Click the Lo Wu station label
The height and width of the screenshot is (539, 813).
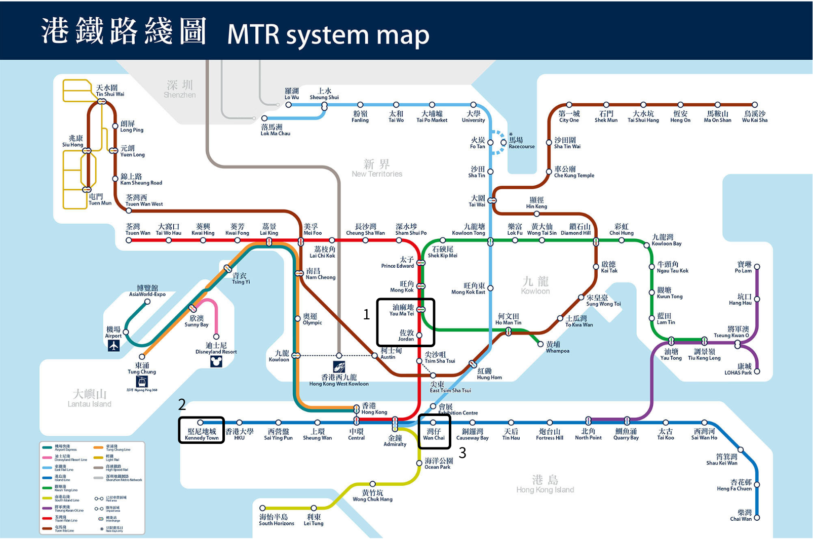pyautogui.click(x=291, y=94)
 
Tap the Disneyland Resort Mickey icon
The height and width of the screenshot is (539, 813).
pyautogui.click(x=216, y=361)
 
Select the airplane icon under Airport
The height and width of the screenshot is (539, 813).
pyautogui.click(x=113, y=346)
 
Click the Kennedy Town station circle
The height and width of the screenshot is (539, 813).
pyautogui.click(x=201, y=422)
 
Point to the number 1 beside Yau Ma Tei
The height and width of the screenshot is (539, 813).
pyautogui.click(x=366, y=315)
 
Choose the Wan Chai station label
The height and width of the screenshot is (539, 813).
pyautogui.click(x=434, y=434)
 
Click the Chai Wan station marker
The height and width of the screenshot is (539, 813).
pyautogui.click(x=757, y=518)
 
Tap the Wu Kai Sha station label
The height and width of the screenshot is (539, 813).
pyautogui.click(x=755, y=117)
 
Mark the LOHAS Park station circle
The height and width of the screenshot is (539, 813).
pyautogui.click(x=757, y=371)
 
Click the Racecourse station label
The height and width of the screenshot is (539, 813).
pyautogui.click(x=521, y=143)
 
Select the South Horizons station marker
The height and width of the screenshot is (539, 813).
pyautogui.click(x=262, y=508)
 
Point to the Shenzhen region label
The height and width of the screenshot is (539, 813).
pyautogui.click(x=179, y=89)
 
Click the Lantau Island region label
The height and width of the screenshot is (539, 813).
pyautogui.click(x=90, y=398)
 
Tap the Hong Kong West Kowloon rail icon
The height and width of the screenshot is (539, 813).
pyautogui.click(x=339, y=366)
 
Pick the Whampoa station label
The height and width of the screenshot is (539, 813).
pyautogui.click(x=557, y=347)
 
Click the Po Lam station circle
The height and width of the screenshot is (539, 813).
pyautogui.click(x=757, y=267)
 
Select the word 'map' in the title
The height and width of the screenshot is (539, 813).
pyautogui.click(x=403, y=35)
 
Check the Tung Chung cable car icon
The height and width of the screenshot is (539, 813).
pyautogui.click(x=142, y=382)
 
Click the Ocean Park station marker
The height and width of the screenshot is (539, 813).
pyautogui.click(x=419, y=463)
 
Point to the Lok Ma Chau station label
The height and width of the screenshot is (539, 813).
pyautogui.click(x=275, y=130)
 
